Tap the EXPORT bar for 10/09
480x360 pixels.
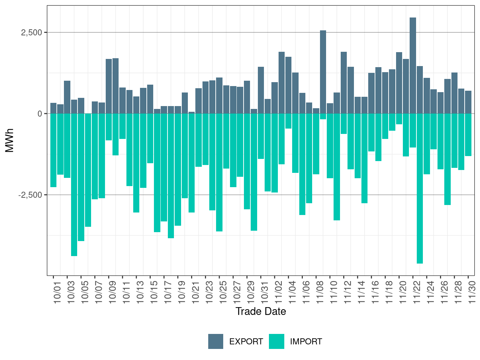109,86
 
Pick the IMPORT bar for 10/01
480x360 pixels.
53,150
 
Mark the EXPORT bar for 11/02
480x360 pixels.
282,82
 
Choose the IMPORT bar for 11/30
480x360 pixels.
468,135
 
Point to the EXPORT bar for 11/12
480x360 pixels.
344,82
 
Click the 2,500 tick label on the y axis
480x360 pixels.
31,32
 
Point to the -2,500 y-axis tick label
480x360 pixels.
30,195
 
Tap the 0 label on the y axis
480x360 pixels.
40,114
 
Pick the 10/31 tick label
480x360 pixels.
265,292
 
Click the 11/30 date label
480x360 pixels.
472,292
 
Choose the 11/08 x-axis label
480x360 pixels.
320,292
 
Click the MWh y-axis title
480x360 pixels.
10,140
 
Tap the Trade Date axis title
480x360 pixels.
261,311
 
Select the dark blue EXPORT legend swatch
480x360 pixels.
216,341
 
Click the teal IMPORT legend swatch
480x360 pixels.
276,341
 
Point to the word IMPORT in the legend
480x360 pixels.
306,342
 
